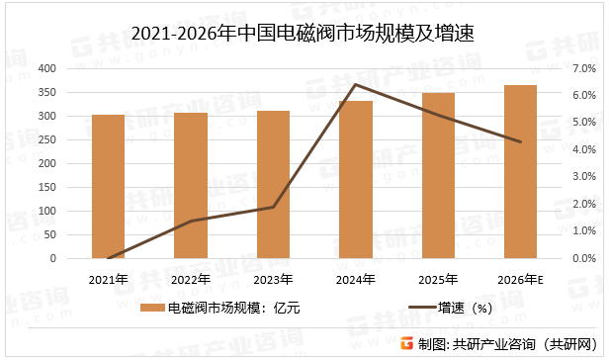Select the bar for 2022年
tap(191, 185)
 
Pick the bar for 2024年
tap(356, 179)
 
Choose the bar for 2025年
tap(438, 175)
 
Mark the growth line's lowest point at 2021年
tap(109, 257)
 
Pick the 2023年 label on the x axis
tap(273, 279)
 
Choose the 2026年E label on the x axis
tap(521, 279)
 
